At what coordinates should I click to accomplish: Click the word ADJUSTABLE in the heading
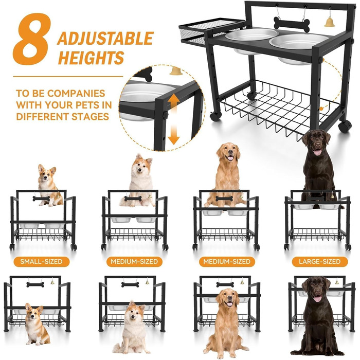click(x=105, y=39)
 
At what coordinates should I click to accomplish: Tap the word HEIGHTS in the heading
click(x=91, y=57)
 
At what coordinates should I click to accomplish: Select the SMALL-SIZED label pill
click(x=41, y=261)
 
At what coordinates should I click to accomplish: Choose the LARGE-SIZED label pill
click(x=319, y=261)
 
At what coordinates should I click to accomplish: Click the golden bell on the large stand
click(x=330, y=22)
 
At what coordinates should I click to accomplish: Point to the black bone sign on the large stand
click(x=292, y=24)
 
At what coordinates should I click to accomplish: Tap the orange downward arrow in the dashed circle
click(x=174, y=134)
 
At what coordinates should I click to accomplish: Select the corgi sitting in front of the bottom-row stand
click(x=36, y=324)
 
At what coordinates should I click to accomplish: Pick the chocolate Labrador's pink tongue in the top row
click(x=317, y=152)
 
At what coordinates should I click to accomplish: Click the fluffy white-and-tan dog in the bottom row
click(x=132, y=328)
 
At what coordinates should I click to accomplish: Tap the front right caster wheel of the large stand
click(x=345, y=126)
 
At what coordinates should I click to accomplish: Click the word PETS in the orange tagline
click(x=81, y=105)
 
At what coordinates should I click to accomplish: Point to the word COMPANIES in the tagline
click(x=77, y=94)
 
